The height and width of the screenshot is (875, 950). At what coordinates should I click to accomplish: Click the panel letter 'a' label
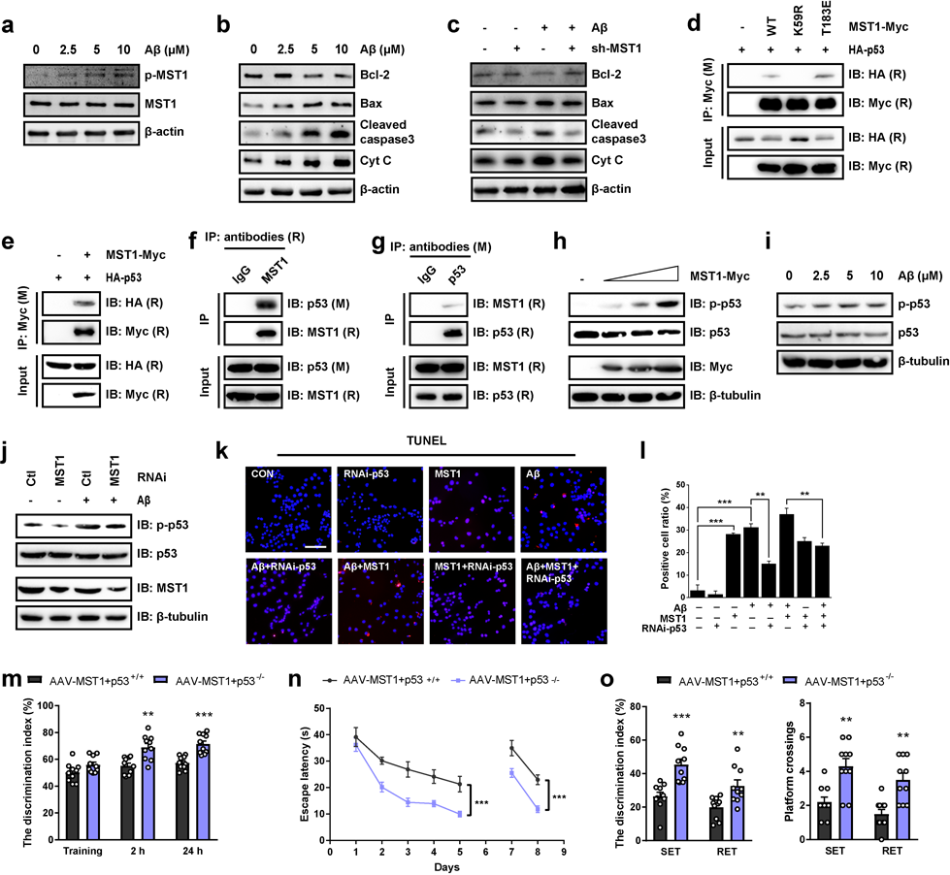point(9,12)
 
